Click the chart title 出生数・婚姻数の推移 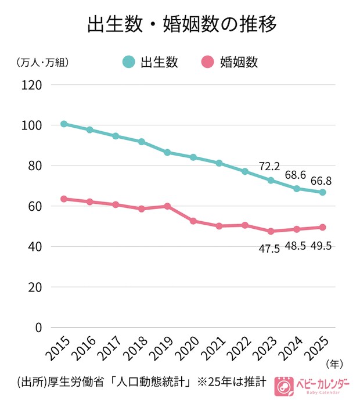point(180,24)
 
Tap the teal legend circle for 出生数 point(128,62)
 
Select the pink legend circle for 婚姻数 point(207,62)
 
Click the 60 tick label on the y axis point(35,206)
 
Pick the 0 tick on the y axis point(39,328)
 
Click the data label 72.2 point(270,167)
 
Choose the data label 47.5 point(269,249)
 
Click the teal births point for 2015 point(64,124)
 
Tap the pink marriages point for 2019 point(167,206)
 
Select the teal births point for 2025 point(323,192)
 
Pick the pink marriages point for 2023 point(271,231)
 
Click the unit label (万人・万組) point(43,62)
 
